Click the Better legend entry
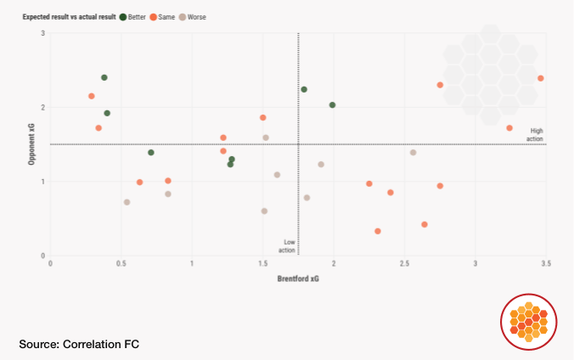(136, 16)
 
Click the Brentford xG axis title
(298, 278)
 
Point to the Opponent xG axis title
(31, 144)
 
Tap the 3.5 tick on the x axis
(545, 264)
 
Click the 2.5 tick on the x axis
(404, 264)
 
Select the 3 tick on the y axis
(43, 33)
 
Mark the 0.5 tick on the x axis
(121, 264)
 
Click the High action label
(536, 134)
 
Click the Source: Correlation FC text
(79, 344)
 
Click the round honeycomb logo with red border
(529, 322)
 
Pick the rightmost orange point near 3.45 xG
(540, 78)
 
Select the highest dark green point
(104, 77)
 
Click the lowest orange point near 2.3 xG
(377, 231)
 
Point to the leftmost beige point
(127, 202)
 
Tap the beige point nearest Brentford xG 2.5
(413, 153)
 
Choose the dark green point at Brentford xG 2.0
(332, 105)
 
